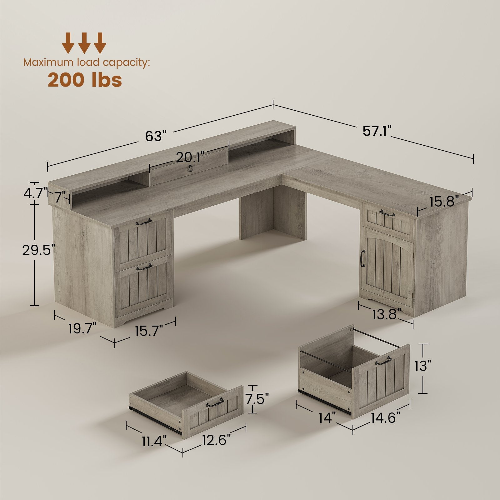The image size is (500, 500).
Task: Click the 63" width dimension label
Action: click(155, 136)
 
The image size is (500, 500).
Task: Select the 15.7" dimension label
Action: click(149, 330)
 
